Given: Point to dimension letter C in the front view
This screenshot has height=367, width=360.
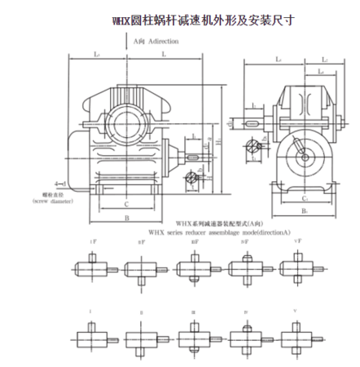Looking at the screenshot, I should point(126,204).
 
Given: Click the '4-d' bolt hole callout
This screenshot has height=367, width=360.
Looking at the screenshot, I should point(50,183).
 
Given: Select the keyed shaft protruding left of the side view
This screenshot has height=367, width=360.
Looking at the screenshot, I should point(252,122).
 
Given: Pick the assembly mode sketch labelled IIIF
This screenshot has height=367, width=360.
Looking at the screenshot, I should point(192,265).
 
